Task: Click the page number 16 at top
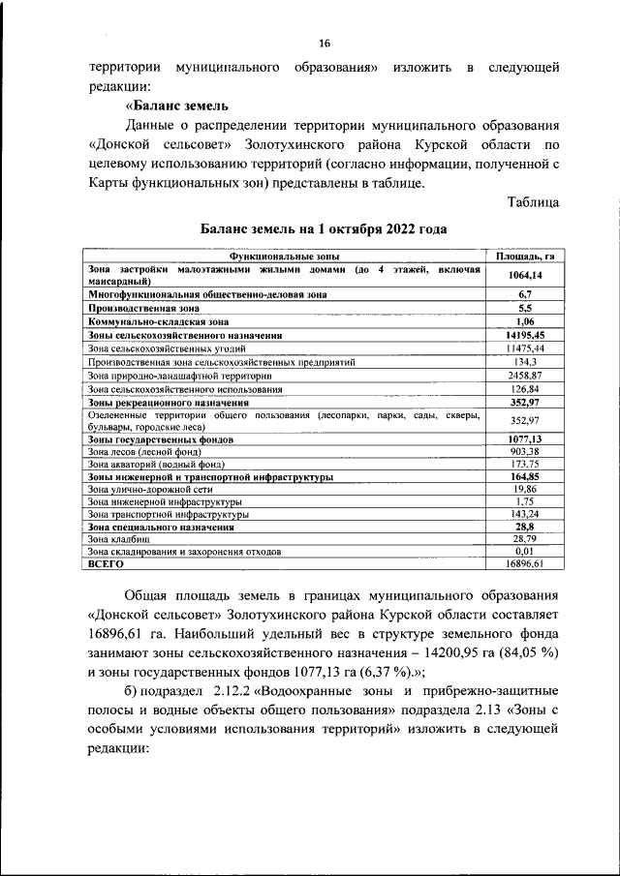[x=325, y=44]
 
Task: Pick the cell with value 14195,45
[x=525, y=334]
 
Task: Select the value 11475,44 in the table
[x=525, y=347]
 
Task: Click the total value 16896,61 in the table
[x=525, y=563]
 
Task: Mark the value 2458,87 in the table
[x=525, y=375]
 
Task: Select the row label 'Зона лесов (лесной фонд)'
[x=144, y=451]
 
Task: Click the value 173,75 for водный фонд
[x=525, y=464]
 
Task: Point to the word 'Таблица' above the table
[x=533, y=201]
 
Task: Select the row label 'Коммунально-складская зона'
[x=158, y=319]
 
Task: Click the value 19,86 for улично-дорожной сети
[x=525, y=490]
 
